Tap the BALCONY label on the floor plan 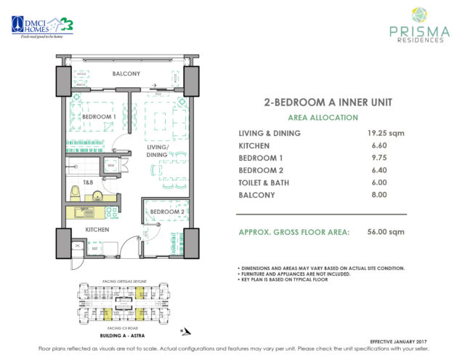pyautogui.click(x=126, y=74)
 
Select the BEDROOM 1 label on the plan pyautogui.click(x=98, y=116)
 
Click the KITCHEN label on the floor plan pyautogui.click(x=97, y=230)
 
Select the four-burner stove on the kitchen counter pyautogui.click(x=113, y=212)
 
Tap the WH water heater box pyautogui.click(x=110, y=165)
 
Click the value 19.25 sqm pyautogui.click(x=386, y=133)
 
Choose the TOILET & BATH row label pyautogui.click(x=268, y=183)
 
